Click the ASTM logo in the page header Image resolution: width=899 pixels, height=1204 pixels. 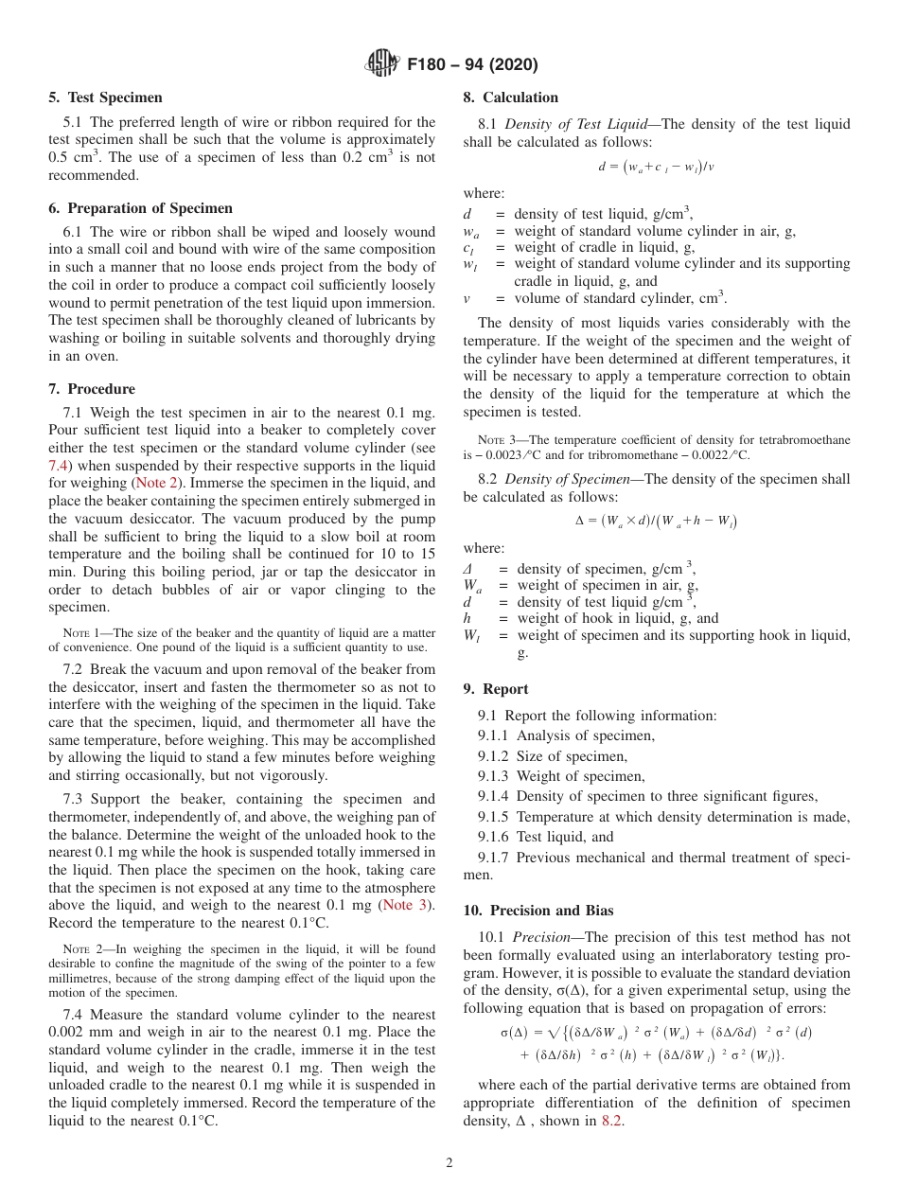(381, 64)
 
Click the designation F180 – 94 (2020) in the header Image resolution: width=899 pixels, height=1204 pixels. (472, 64)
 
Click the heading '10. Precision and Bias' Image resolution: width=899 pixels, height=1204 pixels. (538, 911)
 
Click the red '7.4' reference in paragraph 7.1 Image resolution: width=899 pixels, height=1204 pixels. (59, 466)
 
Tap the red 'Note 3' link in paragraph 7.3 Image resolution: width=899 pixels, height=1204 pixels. (407, 905)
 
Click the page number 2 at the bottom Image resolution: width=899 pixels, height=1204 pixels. (449, 1163)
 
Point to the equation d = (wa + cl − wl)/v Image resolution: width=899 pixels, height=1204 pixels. (656, 167)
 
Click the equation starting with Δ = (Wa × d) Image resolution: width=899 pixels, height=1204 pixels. (656, 521)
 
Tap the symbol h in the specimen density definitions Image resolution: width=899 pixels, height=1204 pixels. (467, 618)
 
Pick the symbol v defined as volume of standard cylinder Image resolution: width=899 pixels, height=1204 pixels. (467, 298)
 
